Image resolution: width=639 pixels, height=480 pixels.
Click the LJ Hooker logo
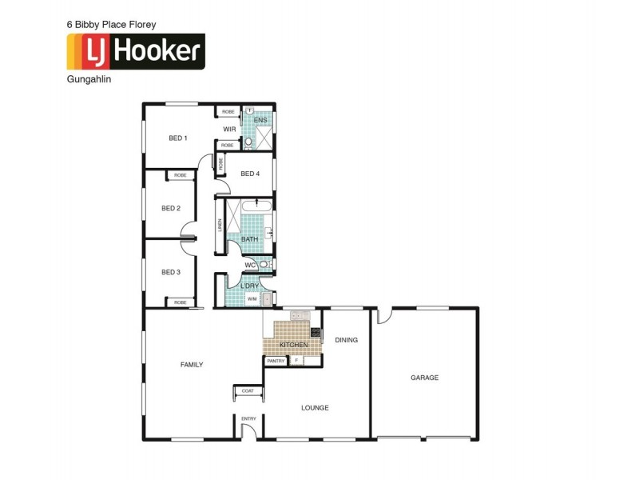coord(135,52)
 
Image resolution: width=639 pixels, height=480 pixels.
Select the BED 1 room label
coord(177,138)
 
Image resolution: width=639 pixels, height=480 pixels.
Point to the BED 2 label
coord(171,209)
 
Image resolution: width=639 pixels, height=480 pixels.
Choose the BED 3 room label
coord(171,272)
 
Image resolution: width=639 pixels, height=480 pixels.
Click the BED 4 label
coord(250,174)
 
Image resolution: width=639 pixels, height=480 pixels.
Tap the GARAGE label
coord(424,378)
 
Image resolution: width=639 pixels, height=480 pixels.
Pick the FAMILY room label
coord(192,365)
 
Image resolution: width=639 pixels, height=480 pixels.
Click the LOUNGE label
coord(315,408)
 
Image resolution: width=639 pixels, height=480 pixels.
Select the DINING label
coord(346,340)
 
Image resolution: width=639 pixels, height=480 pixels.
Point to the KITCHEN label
coord(293,345)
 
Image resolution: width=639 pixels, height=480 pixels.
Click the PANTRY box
coord(275,361)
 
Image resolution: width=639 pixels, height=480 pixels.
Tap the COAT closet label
coord(248,390)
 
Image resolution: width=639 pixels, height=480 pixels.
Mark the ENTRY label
coord(248,418)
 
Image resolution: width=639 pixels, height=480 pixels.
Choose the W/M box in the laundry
coord(252,298)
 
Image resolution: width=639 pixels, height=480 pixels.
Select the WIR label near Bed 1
coord(229,129)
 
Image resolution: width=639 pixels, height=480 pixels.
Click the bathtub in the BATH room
coord(257,207)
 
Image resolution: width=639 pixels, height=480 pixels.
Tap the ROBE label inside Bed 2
coord(181,175)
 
